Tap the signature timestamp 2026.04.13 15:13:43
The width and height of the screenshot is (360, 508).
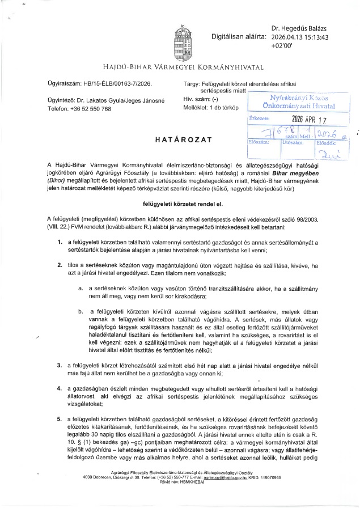(x=300, y=37)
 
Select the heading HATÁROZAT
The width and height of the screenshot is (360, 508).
(x=180, y=139)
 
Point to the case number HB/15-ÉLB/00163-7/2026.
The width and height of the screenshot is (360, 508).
(x=117, y=84)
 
